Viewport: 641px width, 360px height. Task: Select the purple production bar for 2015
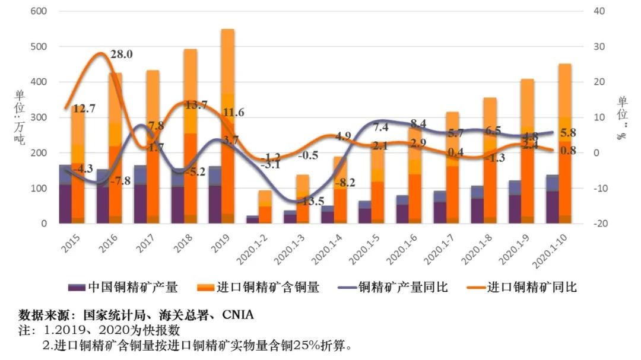click(x=65, y=196)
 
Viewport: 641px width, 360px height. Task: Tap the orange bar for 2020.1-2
click(x=265, y=208)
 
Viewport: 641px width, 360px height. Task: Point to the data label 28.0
click(x=122, y=55)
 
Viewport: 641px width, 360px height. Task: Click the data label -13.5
click(x=311, y=201)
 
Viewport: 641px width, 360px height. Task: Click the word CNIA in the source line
click(x=237, y=316)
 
